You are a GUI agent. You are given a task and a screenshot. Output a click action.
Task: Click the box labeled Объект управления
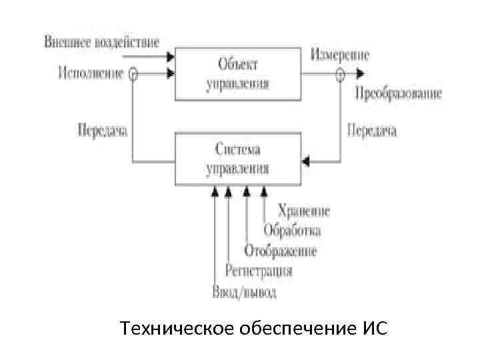click(x=238, y=73)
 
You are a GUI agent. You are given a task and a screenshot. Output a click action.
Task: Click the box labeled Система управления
click(x=238, y=158)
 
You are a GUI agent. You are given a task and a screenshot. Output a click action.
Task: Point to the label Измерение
click(x=339, y=55)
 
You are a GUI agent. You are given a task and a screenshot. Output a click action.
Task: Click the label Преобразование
click(x=398, y=93)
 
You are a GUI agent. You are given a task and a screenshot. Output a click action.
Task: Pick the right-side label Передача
click(x=372, y=130)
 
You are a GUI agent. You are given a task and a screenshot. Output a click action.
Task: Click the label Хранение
click(x=304, y=211)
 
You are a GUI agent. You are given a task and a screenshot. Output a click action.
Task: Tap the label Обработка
click(x=292, y=231)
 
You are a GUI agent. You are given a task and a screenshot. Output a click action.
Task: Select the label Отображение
click(x=280, y=251)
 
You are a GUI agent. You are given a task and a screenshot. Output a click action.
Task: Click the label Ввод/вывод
click(x=244, y=291)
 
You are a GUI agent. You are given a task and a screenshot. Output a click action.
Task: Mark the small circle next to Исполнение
click(x=133, y=74)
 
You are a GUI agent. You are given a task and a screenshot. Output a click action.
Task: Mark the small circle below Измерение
click(x=340, y=74)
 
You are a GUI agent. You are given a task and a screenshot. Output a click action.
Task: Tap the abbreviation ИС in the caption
click(x=376, y=329)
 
